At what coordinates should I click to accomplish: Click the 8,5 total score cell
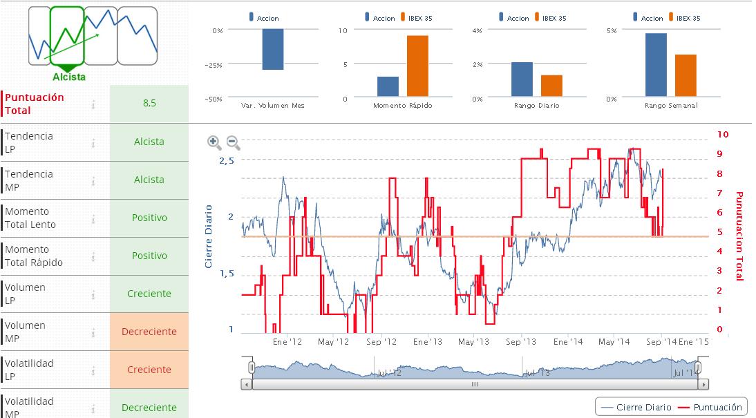pos(149,104)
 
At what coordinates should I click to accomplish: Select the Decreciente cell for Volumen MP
pos(149,332)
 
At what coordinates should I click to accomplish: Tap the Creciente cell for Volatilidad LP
pos(149,370)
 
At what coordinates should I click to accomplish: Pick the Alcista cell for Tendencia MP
pos(149,180)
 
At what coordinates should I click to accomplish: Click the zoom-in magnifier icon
pos(215,142)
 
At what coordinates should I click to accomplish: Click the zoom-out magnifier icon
pos(234,142)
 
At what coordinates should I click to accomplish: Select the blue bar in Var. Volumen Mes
pos(272,49)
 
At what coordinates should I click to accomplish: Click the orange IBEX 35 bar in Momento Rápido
pos(417,66)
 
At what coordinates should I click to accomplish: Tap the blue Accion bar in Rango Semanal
pos(656,64)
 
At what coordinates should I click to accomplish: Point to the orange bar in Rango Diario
pos(551,85)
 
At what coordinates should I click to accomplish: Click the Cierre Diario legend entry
pos(636,408)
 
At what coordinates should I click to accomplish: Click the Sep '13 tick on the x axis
pos(521,342)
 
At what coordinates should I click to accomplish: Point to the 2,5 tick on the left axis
pos(227,160)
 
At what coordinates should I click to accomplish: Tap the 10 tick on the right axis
pos(723,134)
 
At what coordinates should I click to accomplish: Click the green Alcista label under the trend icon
pos(69,77)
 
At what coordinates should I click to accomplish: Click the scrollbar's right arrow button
pos(703,384)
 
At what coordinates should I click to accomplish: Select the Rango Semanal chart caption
pos(671,106)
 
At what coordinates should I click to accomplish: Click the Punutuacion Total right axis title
pos(739,236)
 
